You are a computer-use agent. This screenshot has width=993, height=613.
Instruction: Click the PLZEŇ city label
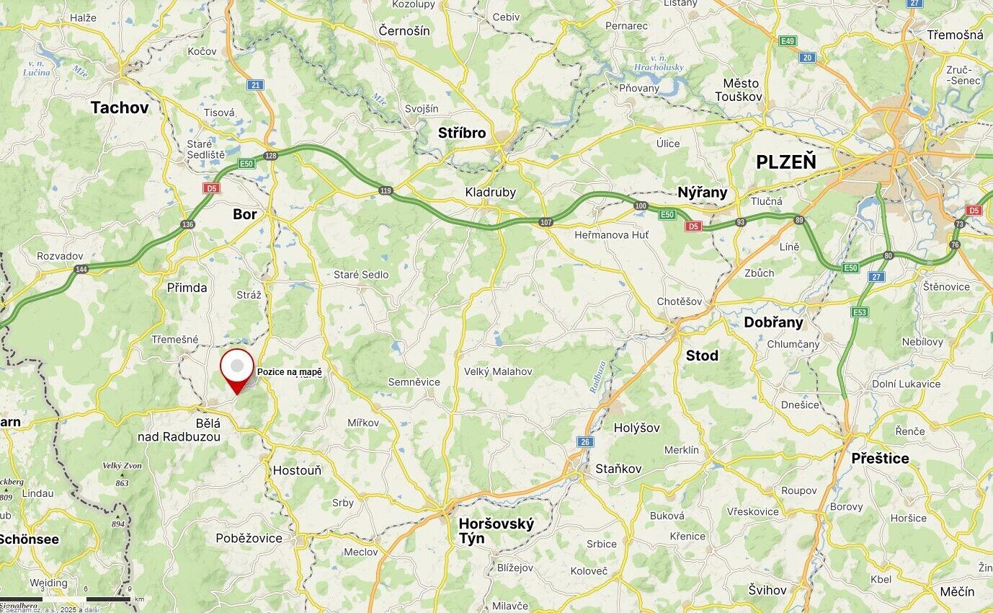tap(785, 162)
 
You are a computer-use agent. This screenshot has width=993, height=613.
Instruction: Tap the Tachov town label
tap(120, 108)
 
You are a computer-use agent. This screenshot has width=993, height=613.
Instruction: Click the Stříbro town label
tap(462, 133)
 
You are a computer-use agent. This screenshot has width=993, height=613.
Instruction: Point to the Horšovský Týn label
tap(496, 531)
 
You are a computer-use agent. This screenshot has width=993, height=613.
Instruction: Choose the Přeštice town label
tap(880, 459)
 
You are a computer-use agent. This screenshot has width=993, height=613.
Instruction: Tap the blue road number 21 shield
tap(255, 85)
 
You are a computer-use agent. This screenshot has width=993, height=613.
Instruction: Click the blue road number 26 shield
tap(585, 441)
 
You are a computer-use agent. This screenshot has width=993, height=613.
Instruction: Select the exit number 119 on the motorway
tap(386, 190)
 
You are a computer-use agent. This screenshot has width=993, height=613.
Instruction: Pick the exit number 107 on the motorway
tap(546, 222)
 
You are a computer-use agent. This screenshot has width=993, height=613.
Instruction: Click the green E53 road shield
tap(858, 312)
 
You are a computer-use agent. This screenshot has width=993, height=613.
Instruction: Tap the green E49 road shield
tap(788, 41)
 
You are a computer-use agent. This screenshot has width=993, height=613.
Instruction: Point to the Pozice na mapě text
tap(290, 372)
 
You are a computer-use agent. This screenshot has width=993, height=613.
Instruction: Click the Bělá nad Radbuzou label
tap(179, 430)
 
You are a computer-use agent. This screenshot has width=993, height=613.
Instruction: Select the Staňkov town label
tap(618, 469)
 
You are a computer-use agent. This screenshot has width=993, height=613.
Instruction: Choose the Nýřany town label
tap(702, 193)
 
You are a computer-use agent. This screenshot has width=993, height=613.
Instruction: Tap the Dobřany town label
tap(773, 322)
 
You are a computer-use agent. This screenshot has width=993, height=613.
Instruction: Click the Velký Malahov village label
tap(498, 371)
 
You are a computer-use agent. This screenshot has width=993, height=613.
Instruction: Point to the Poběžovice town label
tap(249, 538)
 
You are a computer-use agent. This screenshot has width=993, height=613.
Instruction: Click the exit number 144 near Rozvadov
tap(81, 269)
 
